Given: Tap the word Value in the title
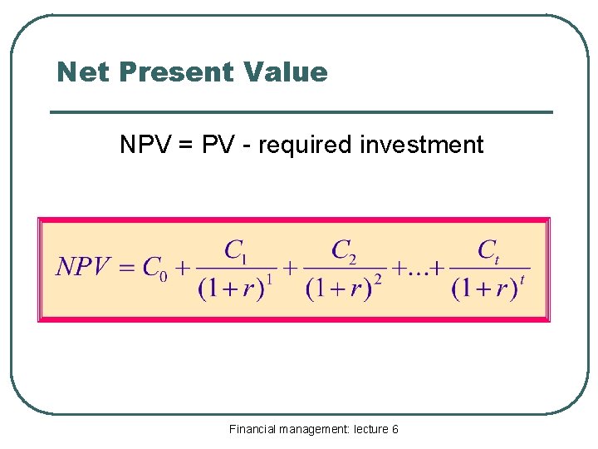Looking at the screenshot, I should coord(287,72).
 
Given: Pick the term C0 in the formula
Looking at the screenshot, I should coord(154,269).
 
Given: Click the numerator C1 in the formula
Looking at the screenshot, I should coord(236,249).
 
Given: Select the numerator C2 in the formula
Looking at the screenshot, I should coord(344,249).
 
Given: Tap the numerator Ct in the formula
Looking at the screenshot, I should coord(488,249).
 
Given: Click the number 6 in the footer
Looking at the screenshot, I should coord(395,429).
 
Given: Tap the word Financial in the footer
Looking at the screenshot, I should coord(253,429).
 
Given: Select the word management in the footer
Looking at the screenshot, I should coord(314,429).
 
